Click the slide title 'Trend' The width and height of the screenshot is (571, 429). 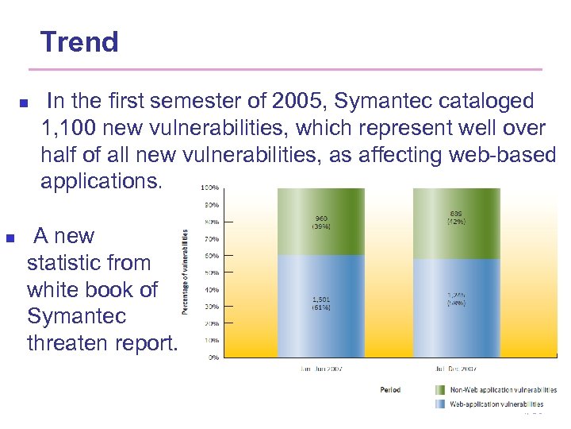point(79,41)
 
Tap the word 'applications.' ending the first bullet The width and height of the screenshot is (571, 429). point(102,181)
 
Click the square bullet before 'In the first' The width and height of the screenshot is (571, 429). point(23,104)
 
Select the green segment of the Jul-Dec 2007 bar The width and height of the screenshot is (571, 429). point(456,222)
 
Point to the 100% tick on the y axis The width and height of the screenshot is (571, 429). point(209,188)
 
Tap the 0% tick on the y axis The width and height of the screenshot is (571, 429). point(213,357)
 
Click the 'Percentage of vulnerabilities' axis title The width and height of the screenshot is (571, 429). point(186,272)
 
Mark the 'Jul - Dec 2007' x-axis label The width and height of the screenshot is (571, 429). point(455,369)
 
